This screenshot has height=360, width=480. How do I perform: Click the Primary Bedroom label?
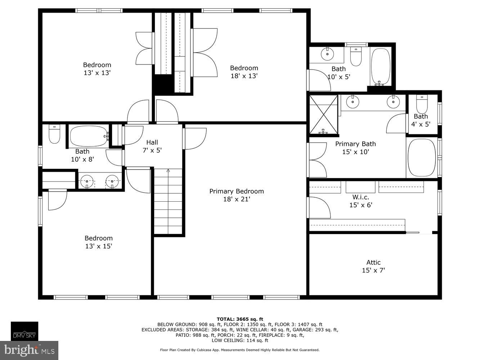tap(237, 191)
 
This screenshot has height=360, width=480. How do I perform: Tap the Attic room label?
tap(373, 262)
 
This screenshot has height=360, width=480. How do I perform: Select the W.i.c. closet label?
tap(360, 197)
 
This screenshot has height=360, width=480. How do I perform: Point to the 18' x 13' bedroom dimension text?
tap(244, 76)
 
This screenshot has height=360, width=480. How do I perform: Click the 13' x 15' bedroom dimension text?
tap(98, 246)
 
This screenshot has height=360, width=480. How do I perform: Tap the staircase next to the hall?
tap(169, 202)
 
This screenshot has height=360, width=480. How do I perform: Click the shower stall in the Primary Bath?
tap(324, 114)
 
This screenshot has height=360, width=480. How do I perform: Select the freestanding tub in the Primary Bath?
tap(422, 157)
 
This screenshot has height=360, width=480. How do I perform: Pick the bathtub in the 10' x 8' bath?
tap(89, 136)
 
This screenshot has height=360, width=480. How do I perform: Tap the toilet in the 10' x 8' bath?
tap(54, 134)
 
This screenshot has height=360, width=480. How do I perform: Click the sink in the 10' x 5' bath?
tap(327, 54)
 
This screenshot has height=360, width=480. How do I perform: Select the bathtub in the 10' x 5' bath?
tap(380, 67)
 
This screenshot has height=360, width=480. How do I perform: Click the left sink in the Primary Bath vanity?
tap(353, 102)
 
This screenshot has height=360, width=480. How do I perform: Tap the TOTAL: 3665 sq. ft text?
tap(240, 319)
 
